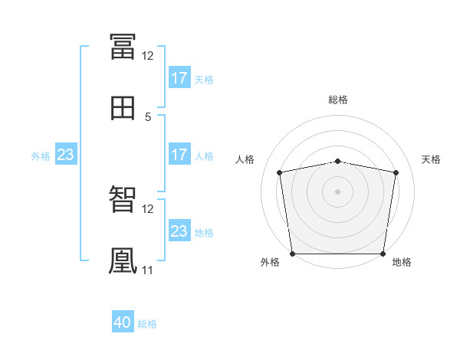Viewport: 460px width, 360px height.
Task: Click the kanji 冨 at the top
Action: [123, 46]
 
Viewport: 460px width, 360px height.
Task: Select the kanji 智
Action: [123, 200]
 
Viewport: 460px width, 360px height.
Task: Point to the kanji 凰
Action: [123, 260]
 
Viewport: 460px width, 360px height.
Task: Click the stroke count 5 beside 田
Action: [148, 117]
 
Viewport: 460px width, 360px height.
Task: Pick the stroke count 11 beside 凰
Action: [147, 270]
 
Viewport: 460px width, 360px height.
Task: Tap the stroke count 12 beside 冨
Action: [147, 56]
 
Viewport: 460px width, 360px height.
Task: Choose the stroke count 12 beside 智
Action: [147, 209]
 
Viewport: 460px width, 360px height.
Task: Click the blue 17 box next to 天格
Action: [179, 78]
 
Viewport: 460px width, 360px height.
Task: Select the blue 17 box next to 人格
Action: [179, 155]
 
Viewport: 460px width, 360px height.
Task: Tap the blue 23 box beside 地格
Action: [179, 231]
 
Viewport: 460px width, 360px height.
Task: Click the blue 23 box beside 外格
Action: [66, 155]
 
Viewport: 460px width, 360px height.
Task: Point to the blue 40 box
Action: [123, 323]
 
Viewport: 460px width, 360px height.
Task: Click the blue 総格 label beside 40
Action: [148, 324]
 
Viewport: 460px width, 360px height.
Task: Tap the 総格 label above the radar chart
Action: [338, 100]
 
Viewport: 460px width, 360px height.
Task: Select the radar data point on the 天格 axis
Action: [396, 172]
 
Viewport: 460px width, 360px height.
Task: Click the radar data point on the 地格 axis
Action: [383, 254]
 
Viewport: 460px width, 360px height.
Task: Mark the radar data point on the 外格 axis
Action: [292, 254]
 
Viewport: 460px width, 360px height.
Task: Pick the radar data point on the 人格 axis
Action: [280, 172]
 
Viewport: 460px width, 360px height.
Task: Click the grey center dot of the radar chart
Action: [338, 191]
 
